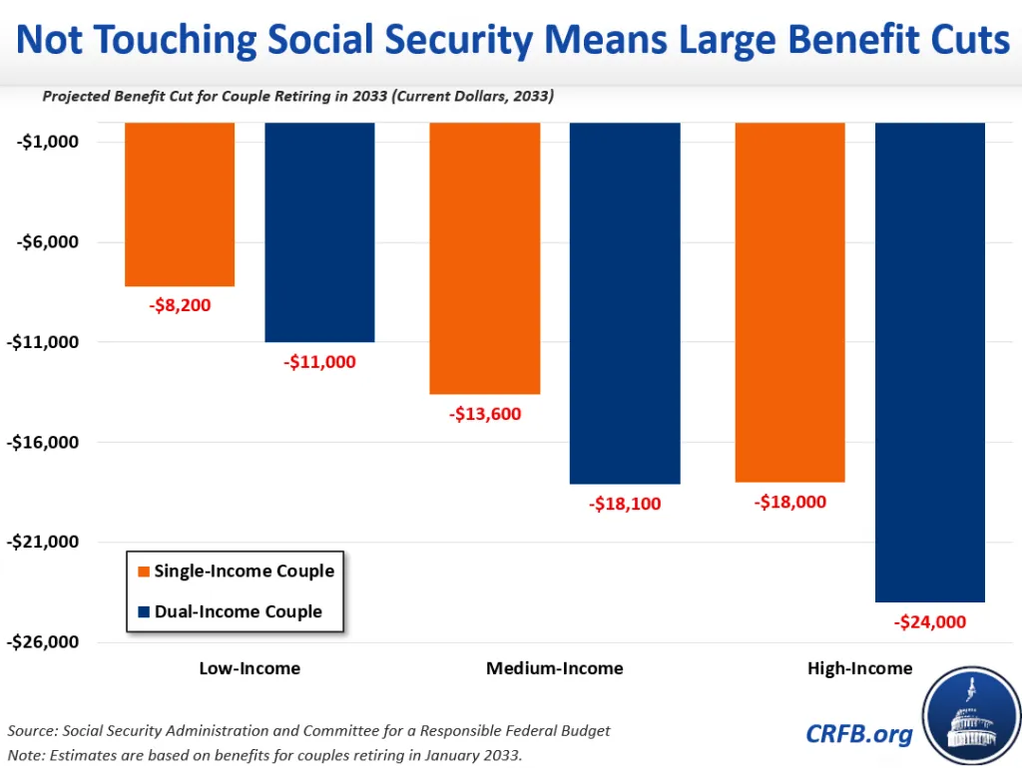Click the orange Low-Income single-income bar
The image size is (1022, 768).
[180, 204]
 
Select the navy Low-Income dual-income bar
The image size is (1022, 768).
[319, 232]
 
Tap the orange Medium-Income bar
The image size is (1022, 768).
[484, 258]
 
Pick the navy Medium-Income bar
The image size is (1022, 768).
[625, 303]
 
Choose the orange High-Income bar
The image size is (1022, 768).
[789, 302]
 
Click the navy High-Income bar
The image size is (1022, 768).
[929, 362]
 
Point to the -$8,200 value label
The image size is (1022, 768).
[181, 305]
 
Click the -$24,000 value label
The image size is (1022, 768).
[929, 622]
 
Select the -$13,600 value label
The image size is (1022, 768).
[485, 414]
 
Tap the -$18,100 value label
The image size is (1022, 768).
[625, 504]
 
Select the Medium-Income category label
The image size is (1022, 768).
[554, 668]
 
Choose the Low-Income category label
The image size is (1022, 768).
[250, 668]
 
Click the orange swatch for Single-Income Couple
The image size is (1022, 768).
[143, 573]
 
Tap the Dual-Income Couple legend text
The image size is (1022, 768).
[239, 611]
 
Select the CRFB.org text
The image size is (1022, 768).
[859, 734]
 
